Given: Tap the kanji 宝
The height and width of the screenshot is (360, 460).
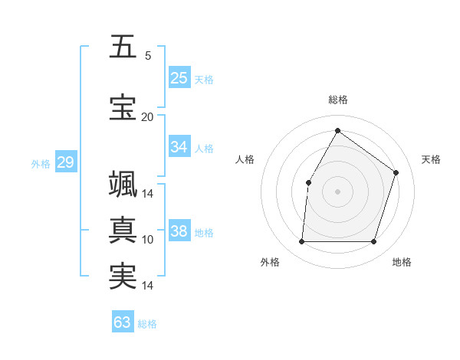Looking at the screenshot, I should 123,106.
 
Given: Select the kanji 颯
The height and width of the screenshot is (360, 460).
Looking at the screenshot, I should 123,185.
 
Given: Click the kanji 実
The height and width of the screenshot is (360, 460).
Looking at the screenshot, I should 123,276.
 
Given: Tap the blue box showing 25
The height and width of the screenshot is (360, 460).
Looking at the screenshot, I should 179,78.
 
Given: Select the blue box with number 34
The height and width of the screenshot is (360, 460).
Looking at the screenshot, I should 179,147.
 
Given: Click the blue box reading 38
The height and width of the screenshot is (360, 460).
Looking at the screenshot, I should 179,231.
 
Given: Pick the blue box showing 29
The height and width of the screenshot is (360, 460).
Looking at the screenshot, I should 65,162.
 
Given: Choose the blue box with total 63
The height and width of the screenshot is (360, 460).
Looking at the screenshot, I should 123,322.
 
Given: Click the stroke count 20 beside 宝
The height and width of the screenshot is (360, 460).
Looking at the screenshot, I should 147,116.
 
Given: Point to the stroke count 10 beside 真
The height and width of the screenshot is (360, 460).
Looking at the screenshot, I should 148,240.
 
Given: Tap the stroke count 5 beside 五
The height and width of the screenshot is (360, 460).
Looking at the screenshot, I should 148,55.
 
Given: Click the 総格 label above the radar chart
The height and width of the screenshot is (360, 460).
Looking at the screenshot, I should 337,100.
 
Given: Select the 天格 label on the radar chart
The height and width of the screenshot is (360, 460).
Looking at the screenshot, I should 431,159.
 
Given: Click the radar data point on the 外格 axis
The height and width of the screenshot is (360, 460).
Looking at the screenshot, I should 301,242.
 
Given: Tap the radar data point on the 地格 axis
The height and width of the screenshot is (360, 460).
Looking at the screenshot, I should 373,242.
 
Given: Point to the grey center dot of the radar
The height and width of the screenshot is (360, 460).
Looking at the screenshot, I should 337,191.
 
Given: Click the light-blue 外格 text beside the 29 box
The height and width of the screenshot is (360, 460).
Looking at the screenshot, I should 41,163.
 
